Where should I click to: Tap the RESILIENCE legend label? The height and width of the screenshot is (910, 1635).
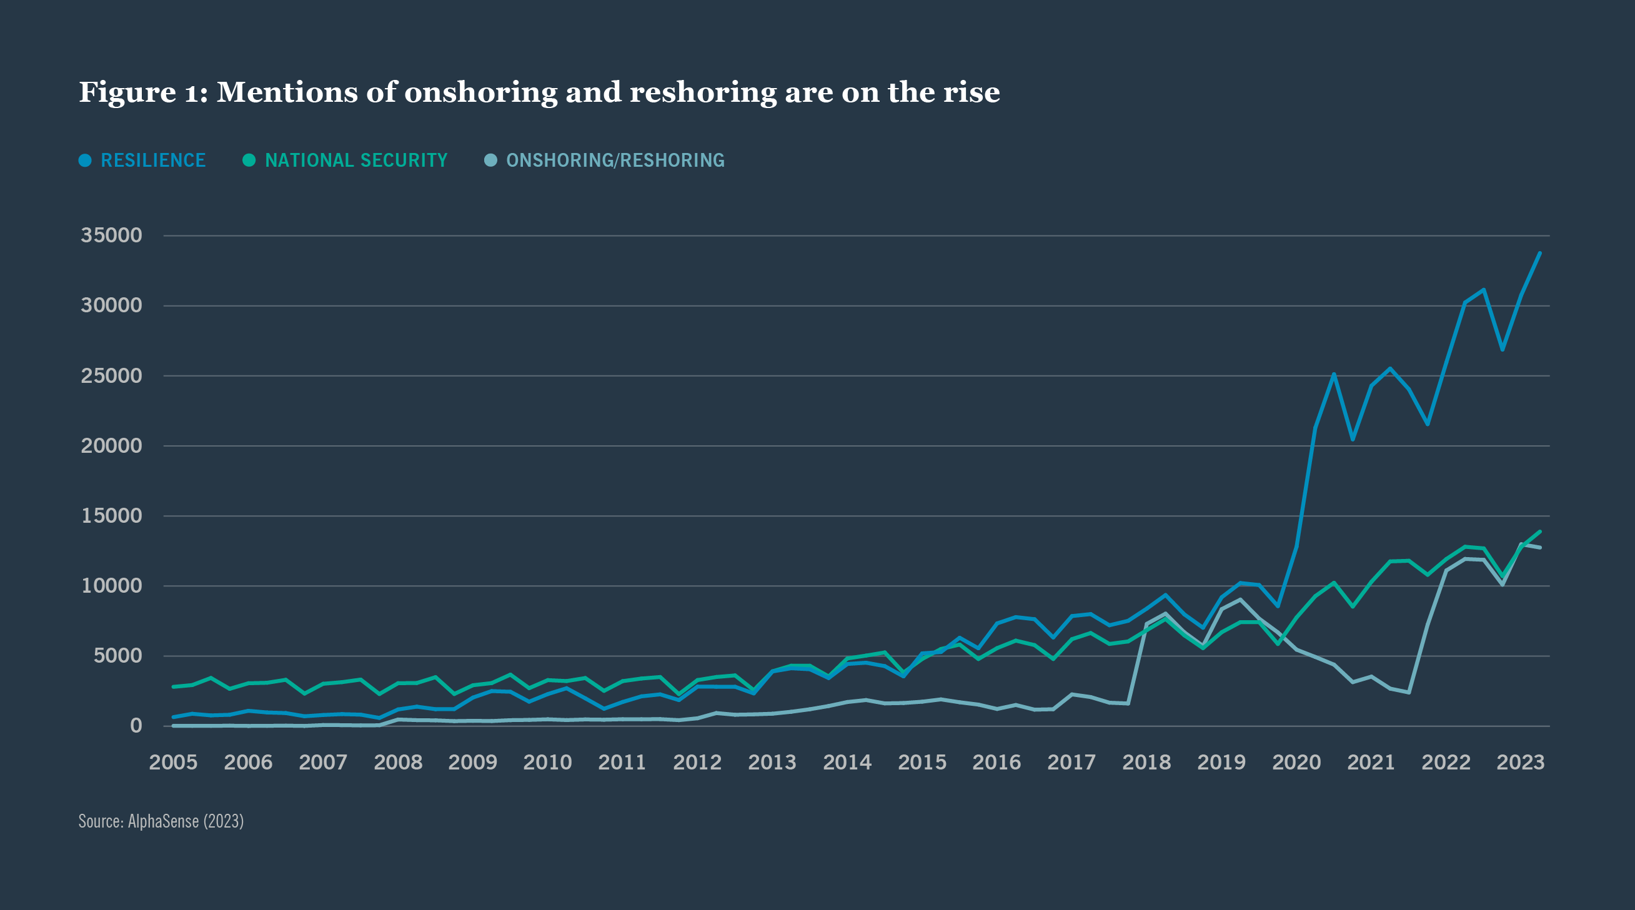153,161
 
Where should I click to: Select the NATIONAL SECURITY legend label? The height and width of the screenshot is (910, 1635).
356,161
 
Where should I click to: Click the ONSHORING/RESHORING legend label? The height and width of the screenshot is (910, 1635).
615,161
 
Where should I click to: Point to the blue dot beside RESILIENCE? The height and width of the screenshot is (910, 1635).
85,161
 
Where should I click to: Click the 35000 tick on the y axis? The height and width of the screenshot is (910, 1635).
111,235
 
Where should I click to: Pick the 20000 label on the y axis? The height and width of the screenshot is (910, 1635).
111,445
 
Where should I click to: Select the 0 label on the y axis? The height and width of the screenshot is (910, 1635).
136,725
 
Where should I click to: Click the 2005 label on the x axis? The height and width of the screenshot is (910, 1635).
172,762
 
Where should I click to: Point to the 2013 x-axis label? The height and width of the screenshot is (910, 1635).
772,762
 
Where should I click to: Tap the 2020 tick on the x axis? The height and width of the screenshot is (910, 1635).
1296,762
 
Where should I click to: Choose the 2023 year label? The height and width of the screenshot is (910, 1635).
1521,762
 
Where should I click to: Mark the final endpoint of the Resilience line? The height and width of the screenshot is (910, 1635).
1540,253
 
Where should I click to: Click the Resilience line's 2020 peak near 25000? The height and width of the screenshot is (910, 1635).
1333,374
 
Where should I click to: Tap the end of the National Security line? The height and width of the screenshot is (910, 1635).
1540,532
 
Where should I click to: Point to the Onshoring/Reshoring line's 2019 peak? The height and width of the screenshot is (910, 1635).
1240,599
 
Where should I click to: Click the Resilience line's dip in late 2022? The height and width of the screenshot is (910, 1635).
1503,350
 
